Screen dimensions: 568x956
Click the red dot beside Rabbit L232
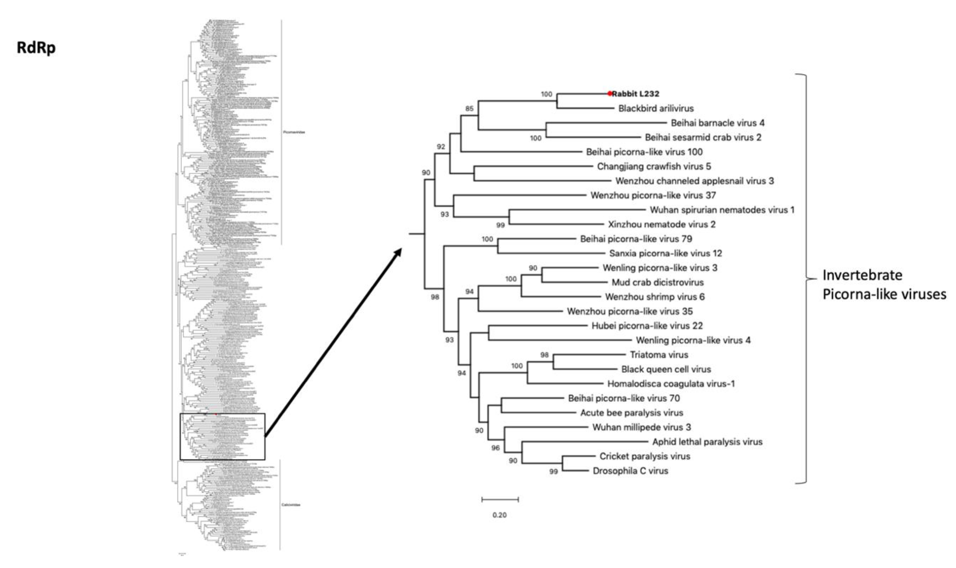(610, 93)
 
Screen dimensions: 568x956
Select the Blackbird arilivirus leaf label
(656, 108)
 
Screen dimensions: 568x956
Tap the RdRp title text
(36, 48)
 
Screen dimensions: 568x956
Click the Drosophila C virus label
(630, 471)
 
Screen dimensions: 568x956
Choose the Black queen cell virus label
(666, 369)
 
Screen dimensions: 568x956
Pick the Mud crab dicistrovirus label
(657, 283)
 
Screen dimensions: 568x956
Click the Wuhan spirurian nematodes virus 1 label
(722, 210)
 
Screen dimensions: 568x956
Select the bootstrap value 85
(469, 109)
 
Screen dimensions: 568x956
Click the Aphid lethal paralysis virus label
(707, 442)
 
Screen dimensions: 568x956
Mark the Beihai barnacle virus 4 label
(718, 123)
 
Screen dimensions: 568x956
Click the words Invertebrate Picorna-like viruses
(884, 284)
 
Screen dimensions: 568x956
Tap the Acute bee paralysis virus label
(631, 413)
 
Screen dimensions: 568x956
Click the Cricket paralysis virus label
(645, 456)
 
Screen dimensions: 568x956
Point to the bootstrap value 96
(495, 448)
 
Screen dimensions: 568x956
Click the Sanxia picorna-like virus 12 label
(666, 253)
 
